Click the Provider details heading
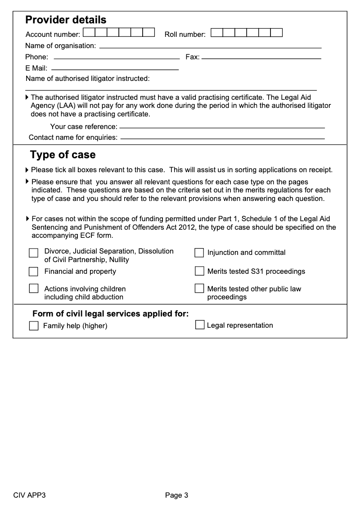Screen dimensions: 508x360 [66, 20]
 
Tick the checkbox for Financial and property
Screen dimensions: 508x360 [34, 272]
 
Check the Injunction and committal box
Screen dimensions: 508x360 [199, 253]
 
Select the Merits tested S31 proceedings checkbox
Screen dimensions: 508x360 [199, 271]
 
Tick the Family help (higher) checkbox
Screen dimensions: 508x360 [34, 326]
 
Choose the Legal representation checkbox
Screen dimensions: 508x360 [200, 325]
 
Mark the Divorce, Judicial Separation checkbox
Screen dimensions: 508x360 [34, 253]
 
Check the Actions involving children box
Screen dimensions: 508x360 [34, 289]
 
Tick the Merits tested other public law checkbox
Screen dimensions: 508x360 [199, 288]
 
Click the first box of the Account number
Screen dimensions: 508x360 [89, 32]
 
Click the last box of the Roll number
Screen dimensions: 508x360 [277, 32]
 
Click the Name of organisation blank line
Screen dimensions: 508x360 [210, 47]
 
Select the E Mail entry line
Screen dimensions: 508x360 [115, 69]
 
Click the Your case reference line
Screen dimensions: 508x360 [222, 128]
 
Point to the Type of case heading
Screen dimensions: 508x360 [63, 155]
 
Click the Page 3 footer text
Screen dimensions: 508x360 [176, 495]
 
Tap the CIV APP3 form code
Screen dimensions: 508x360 [30, 495]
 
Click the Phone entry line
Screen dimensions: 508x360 [117, 58]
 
